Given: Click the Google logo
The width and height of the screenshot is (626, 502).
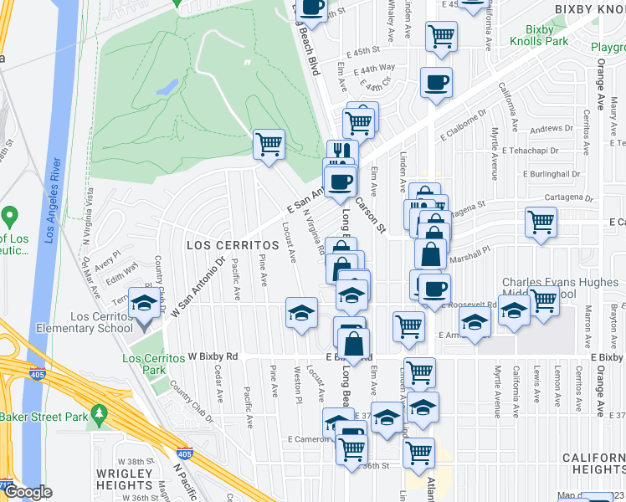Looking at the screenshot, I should point(28,491).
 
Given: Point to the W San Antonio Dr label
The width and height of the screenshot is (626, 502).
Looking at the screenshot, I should point(199,287).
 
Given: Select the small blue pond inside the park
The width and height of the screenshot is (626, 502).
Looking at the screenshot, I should point(167,86).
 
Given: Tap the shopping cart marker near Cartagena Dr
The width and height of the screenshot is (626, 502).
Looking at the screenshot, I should point(541,223).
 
